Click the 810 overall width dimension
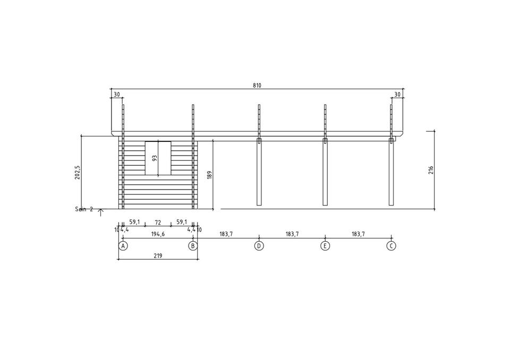(257, 85)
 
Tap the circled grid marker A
(123, 246)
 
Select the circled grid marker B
(193, 246)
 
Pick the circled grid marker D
(259, 246)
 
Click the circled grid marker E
(325, 246)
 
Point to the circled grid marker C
(392, 246)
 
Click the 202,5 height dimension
(78, 173)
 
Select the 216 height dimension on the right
(431, 170)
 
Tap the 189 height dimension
(209, 175)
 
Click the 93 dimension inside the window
(155, 158)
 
